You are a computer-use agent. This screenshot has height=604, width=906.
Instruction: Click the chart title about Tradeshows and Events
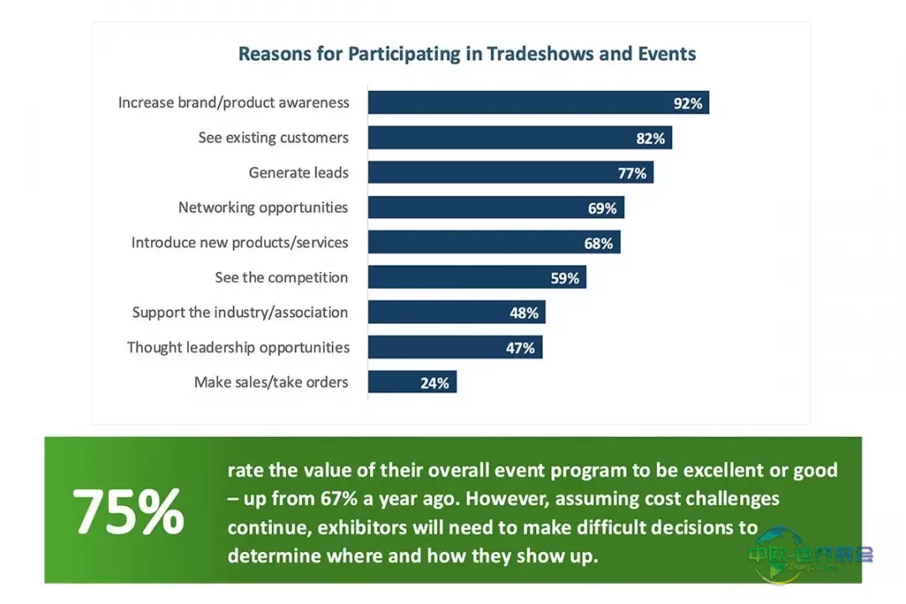pyautogui.click(x=466, y=55)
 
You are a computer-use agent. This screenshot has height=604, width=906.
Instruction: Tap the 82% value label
pyautogui.click(x=650, y=138)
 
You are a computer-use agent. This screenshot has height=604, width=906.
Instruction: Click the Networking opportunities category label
pyautogui.click(x=263, y=207)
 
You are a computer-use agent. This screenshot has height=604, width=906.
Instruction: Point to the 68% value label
pyautogui.click(x=598, y=243)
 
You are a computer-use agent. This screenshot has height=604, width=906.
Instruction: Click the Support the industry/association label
pyautogui.click(x=240, y=312)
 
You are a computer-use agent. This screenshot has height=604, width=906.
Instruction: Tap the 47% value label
pyautogui.click(x=521, y=347)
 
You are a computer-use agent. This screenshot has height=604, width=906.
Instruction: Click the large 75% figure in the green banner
pyautogui.click(x=128, y=512)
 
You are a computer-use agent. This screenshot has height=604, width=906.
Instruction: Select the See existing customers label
pyautogui.click(x=273, y=138)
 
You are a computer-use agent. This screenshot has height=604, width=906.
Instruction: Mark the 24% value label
pyautogui.click(x=435, y=383)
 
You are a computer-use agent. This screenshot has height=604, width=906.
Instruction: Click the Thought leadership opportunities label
pyautogui.click(x=238, y=347)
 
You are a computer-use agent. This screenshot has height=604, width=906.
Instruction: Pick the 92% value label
pyautogui.click(x=688, y=103)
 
